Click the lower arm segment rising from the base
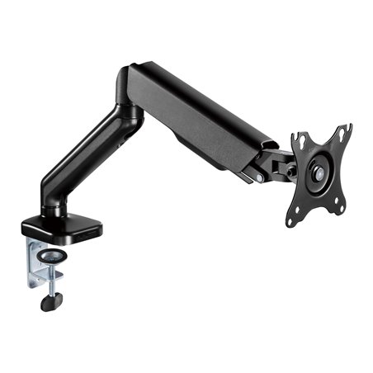pyautogui.click(x=83, y=157)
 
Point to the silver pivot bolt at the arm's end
pyautogui.click(x=260, y=176)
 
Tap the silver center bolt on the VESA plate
pyautogui.click(x=318, y=174)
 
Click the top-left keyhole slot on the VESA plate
pyautogui.click(x=303, y=141)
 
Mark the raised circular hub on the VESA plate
pyautogui.click(x=318, y=174)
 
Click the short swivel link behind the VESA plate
pyautogui.click(x=285, y=165)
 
